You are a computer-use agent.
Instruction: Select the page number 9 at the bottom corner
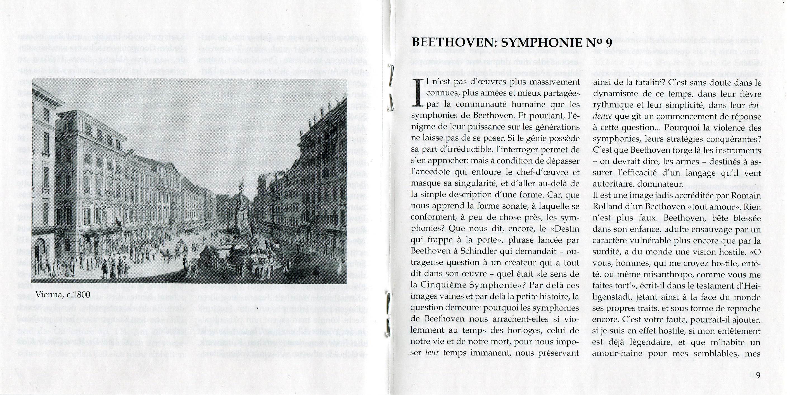[x=758, y=375]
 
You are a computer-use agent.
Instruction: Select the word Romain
[x=745, y=196]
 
